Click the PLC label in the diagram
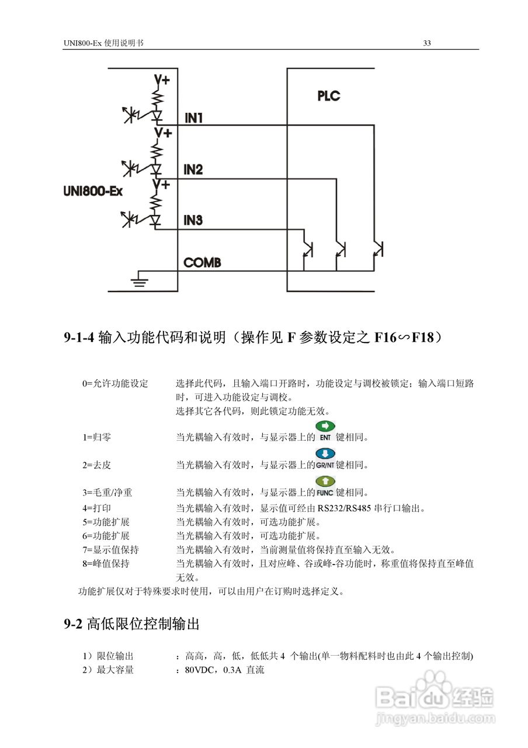(328, 95)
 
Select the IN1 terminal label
(193, 118)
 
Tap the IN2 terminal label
(193, 169)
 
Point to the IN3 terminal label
(193, 220)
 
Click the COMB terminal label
(202, 263)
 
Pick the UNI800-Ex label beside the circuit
(92, 191)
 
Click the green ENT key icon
(325, 431)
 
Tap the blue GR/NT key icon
(325, 459)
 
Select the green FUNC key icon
(325, 486)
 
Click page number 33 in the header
(427, 43)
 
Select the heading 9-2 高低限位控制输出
(132, 624)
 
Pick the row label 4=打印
(97, 508)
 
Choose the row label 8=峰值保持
(106, 564)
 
